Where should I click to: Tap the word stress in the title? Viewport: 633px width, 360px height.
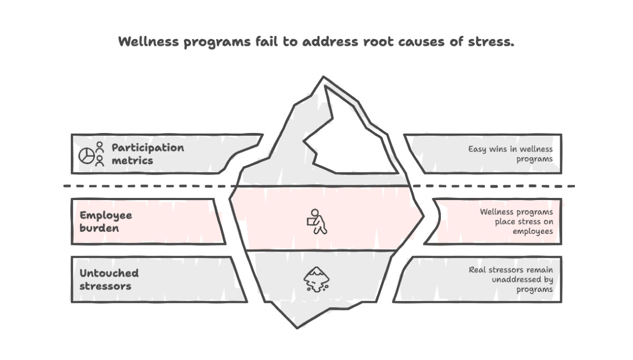490,42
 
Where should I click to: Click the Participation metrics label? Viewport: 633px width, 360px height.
148,154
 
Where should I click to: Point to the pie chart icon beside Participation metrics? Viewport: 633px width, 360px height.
86,155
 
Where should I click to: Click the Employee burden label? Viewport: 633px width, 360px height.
106,222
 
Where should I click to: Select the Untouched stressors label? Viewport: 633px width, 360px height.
109,279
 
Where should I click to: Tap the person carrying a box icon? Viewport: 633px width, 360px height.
316,221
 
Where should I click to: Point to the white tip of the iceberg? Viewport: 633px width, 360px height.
348,137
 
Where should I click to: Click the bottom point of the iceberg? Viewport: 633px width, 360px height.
298,327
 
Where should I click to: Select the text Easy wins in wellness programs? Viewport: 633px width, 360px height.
510,154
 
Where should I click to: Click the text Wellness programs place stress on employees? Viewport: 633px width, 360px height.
516,222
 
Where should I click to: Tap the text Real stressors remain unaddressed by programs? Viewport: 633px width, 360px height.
511,279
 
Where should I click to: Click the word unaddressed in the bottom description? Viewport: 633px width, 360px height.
516,279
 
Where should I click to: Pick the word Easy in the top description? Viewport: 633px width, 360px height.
477,149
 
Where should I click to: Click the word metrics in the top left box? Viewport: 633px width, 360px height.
132,160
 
